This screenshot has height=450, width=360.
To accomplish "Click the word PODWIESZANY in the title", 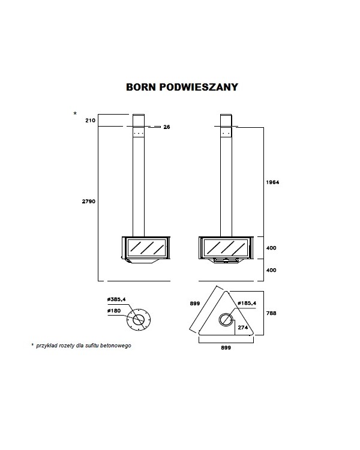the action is tap(199, 87).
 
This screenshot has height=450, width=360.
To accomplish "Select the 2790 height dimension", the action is tap(89, 202).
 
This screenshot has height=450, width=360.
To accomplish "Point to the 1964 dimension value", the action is tap(272, 182).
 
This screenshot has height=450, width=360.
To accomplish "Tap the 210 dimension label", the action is tap(90, 121).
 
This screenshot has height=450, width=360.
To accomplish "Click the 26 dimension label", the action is tap(167, 127).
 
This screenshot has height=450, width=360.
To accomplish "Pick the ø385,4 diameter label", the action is tap(116, 299).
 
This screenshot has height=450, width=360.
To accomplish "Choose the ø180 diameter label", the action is tap(114, 311).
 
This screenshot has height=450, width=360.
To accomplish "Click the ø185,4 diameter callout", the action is tap(247, 303).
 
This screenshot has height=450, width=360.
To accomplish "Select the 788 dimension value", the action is tap(271, 313).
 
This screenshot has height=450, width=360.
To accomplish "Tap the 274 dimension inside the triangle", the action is tap(243, 328).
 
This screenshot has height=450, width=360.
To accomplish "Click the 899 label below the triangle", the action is tap(226, 348).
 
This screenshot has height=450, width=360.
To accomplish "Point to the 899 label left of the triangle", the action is tap(195, 304).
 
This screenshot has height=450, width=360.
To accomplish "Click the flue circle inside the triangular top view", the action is tap(219, 320).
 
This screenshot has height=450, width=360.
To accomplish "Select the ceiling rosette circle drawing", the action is tap(127, 319).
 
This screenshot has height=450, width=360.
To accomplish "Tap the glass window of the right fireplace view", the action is tap(226, 248).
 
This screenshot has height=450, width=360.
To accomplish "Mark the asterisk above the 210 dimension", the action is tap(75, 113).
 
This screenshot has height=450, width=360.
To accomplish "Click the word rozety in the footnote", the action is tap(66, 346).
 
